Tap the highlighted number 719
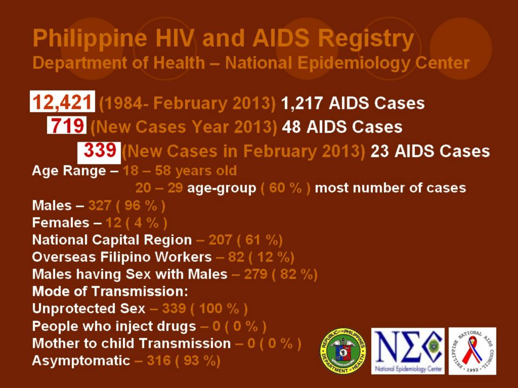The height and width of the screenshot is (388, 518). click(x=67, y=127)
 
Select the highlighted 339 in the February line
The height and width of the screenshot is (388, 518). click(x=99, y=150)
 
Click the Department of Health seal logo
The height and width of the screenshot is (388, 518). click(x=343, y=351)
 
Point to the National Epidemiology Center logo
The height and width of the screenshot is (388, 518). click(x=407, y=351)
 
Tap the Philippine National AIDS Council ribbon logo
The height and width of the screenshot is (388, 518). click(x=472, y=351)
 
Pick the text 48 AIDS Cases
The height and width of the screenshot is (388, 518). click(x=342, y=127)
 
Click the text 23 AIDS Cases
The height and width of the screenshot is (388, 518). click(x=430, y=151)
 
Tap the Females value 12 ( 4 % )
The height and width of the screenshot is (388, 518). click(x=138, y=223)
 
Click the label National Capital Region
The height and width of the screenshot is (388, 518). click(x=112, y=240)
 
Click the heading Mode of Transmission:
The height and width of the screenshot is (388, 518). click(x=110, y=292)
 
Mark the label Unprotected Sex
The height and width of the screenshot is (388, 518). click(x=88, y=309)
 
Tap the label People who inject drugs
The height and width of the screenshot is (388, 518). click(x=114, y=326)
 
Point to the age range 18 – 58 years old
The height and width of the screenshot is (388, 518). click(x=180, y=171)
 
